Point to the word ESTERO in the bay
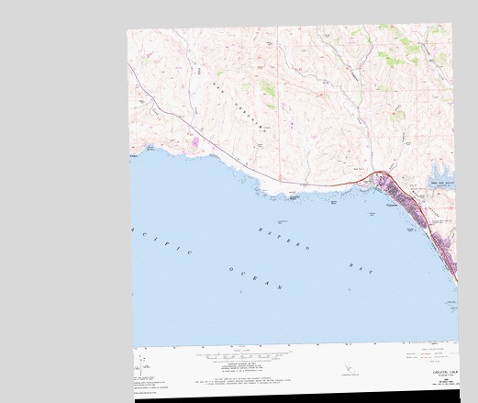click(284, 237)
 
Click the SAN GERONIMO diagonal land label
click(235, 103)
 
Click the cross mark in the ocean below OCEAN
click(240, 291)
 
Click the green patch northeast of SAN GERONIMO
click(268, 89)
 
